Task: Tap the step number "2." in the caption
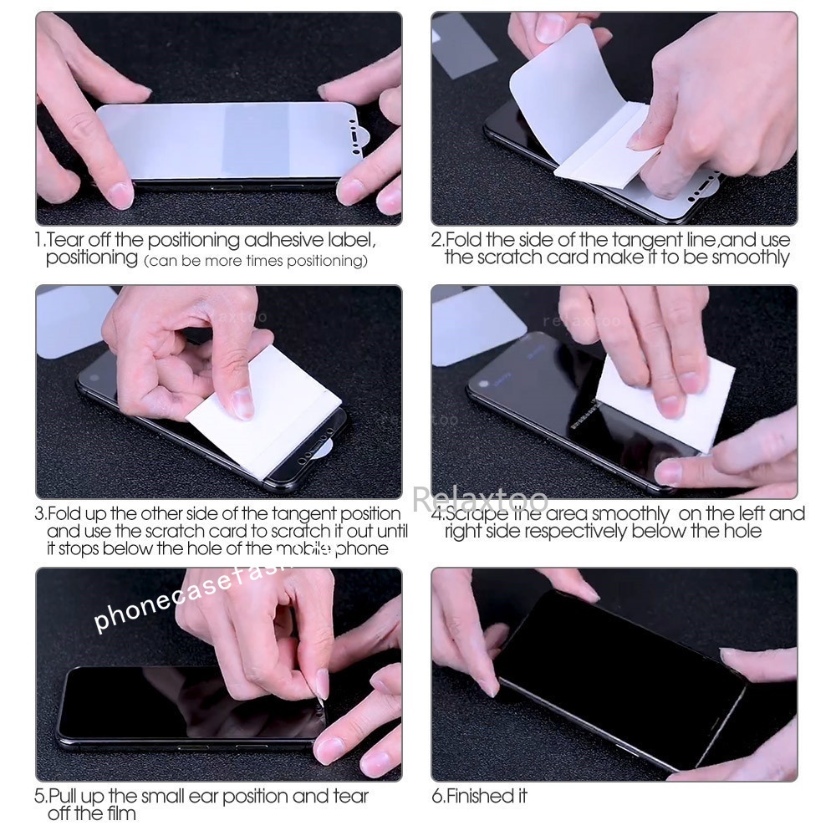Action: (437, 241)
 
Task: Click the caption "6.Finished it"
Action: (479, 796)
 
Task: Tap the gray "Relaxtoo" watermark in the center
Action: (480, 499)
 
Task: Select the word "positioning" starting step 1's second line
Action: (92, 258)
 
